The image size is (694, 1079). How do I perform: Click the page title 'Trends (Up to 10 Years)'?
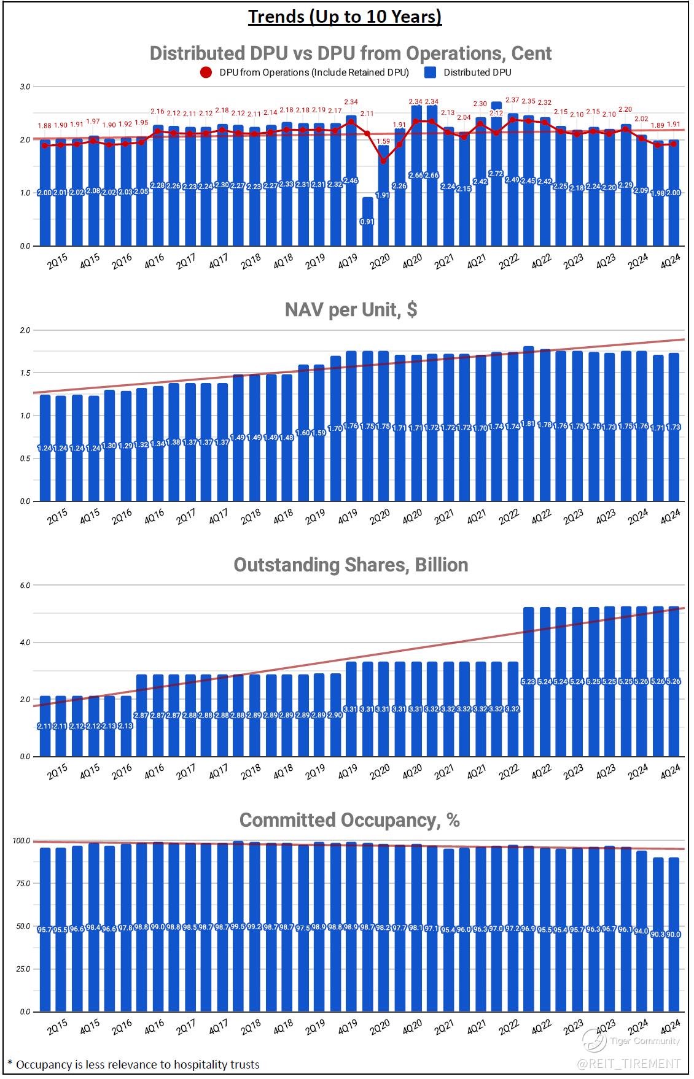345,17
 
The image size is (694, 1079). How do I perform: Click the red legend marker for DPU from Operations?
206,72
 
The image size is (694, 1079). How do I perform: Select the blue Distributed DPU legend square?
431,72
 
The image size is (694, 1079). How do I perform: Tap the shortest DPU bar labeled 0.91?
367,222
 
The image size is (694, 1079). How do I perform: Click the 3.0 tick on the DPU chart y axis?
25,87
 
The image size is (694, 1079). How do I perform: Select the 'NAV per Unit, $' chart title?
351,309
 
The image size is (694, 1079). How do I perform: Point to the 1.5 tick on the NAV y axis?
25,373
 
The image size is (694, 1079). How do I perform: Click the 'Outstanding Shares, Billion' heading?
351,565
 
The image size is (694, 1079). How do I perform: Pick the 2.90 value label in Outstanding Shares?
335,716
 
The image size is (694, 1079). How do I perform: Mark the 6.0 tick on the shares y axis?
25,586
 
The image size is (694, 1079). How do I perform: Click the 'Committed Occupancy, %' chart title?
349,820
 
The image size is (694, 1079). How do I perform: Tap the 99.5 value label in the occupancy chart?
238,927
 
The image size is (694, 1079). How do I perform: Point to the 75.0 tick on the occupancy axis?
23,884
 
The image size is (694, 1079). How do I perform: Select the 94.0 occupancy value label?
641,930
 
